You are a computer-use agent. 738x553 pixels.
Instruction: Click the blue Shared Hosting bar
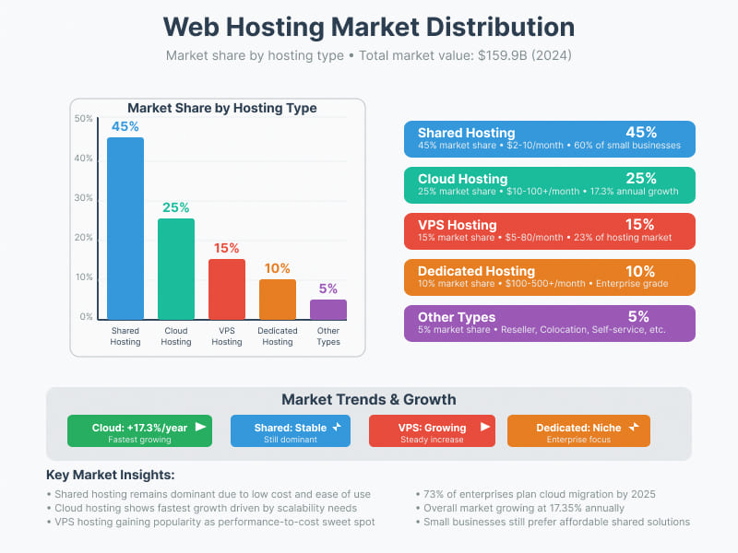pos(125,228)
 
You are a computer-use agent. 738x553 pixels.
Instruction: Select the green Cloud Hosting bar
pos(176,268)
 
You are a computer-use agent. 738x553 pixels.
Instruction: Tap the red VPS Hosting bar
pos(227,288)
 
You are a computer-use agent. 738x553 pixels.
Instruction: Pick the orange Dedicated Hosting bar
pos(278,299)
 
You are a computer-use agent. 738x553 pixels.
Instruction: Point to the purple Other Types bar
pos(328,309)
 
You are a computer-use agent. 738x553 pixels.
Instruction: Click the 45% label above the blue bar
pos(125,126)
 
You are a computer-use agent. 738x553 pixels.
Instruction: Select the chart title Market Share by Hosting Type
pos(221,108)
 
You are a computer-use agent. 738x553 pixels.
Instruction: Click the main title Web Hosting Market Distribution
pos(369,26)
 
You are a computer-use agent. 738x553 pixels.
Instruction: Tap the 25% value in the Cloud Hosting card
pos(640,178)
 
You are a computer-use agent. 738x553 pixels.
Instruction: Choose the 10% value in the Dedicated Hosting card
pos(640,271)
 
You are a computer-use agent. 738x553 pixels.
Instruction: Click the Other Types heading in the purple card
pos(457,317)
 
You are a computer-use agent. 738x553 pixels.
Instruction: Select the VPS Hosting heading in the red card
pos(457,225)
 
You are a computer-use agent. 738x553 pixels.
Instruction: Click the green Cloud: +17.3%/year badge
pos(139,431)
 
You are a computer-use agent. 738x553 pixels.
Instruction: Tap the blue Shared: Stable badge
pos(290,431)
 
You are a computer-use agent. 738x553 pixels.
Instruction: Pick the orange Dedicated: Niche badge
pos(578,431)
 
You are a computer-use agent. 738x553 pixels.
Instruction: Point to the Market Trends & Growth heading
pos(369,399)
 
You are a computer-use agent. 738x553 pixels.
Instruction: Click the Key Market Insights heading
pos(111,475)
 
